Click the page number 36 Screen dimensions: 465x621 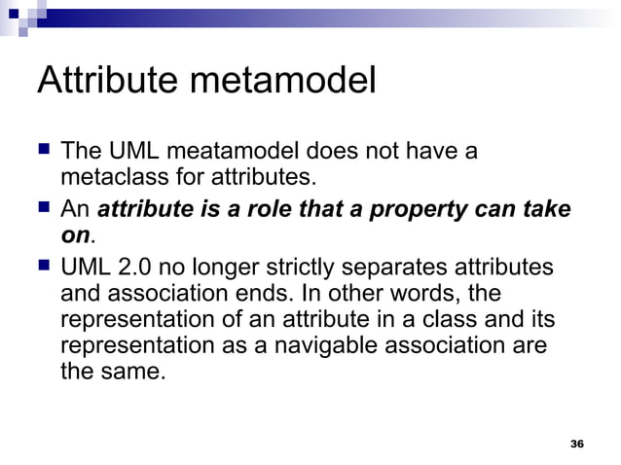coord(576,444)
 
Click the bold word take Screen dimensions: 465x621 coord(546,209)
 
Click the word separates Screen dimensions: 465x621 coord(412,267)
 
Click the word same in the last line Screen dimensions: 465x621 coord(130,372)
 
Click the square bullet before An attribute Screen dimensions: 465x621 coord(44,209)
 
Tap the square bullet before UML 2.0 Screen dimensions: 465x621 coord(44,267)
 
